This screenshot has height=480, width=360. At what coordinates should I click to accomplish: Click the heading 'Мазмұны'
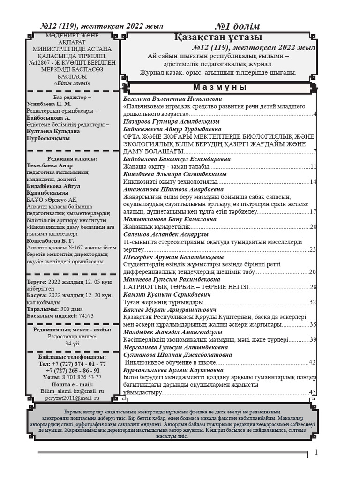tap(220, 88)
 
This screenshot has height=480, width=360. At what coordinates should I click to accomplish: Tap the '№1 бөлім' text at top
tap(237, 26)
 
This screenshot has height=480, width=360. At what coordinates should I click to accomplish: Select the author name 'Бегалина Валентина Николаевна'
tap(172, 99)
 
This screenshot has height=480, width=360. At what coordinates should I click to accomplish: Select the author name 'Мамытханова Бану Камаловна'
tap(170, 219)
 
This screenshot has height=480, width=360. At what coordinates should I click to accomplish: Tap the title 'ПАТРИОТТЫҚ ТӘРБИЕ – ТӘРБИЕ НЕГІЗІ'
tap(186, 287)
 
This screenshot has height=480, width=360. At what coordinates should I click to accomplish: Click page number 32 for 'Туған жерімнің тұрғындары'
tap(313, 302)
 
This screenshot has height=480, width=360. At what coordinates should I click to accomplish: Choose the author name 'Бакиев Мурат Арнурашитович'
tap(170, 310)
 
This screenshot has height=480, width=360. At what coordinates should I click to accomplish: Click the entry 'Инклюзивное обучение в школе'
tap(171, 362)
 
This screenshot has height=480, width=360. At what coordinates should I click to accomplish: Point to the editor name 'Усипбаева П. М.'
tap(49, 104)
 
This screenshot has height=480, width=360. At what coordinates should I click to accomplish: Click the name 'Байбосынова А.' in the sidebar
tap(48, 118)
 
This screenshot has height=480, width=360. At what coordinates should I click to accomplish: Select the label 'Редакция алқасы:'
tap(72, 159)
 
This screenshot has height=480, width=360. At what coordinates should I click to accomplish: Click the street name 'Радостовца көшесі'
tap(72, 337)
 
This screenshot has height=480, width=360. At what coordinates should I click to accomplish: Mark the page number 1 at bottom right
tap(316, 452)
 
